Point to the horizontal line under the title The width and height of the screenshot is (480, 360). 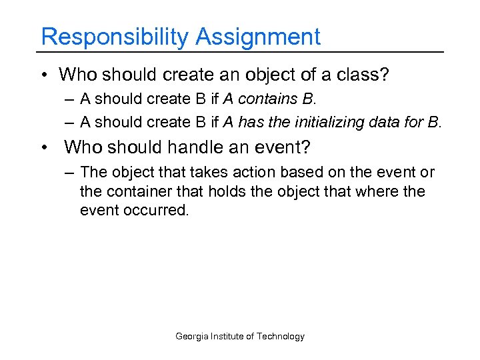coord(240,52)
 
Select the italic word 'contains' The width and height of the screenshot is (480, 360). coord(266,99)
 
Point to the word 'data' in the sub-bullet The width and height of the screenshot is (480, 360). coord(386,122)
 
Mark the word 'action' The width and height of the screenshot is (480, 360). coord(237,172)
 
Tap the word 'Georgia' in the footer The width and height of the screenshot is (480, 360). coord(191,337)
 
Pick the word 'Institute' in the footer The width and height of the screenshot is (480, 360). coord(227,337)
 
